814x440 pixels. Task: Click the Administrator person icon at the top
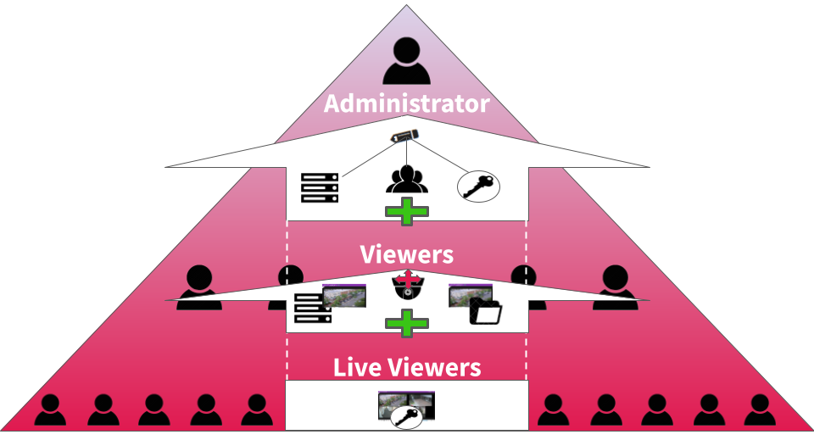click(407, 65)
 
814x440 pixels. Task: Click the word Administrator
click(407, 104)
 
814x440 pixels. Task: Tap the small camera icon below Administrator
click(404, 136)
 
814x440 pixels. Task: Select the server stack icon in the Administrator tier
click(320, 187)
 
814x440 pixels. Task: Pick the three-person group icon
click(407, 178)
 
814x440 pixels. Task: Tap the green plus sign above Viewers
click(407, 212)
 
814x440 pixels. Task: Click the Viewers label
click(407, 254)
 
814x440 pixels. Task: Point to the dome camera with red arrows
click(408, 286)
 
